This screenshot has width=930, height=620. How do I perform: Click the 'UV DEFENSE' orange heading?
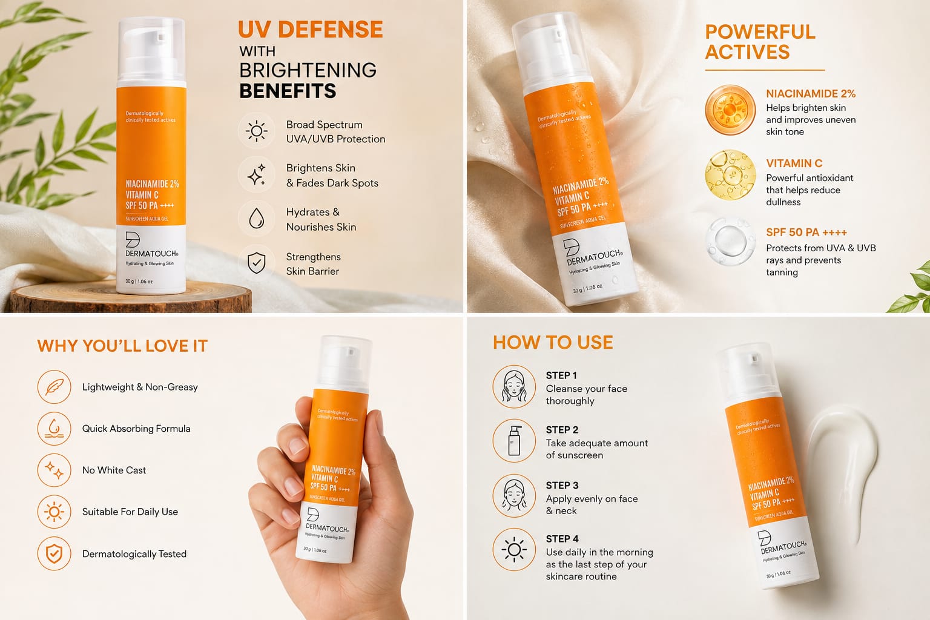(310, 30)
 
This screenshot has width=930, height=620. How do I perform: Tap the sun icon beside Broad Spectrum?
(257, 131)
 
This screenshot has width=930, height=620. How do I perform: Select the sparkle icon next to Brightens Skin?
(257, 175)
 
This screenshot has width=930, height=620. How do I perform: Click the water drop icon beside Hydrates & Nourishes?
(257, 219)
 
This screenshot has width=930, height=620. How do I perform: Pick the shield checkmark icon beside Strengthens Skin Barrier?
(257, 263)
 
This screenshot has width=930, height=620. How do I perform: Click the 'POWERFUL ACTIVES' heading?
(760, 42)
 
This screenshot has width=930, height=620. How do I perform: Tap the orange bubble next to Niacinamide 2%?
(730, 110)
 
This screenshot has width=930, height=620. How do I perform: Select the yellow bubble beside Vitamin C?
(730, 175)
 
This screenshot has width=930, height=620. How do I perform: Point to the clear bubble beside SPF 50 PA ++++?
(730, 241)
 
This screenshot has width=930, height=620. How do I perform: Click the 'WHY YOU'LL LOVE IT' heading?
(122, 346)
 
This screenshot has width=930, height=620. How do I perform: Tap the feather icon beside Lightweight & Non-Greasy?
(54, 387)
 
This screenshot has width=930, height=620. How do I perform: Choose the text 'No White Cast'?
(114, 470)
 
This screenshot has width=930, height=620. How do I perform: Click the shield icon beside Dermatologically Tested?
(54, 553)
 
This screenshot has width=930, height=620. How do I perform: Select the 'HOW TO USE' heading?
(553, 343)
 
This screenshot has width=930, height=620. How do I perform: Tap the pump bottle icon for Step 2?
(514, 441)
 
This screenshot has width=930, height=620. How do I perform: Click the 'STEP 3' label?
(562, 485)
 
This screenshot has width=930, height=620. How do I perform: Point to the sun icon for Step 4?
(514, 549)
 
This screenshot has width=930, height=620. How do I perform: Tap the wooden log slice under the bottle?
(130, 297)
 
